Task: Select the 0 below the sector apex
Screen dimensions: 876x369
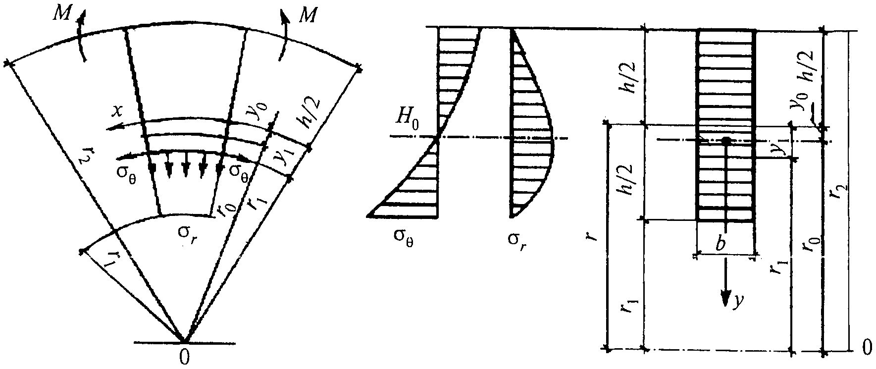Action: [184, 358]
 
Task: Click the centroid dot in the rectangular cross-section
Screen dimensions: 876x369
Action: [725, 141]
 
